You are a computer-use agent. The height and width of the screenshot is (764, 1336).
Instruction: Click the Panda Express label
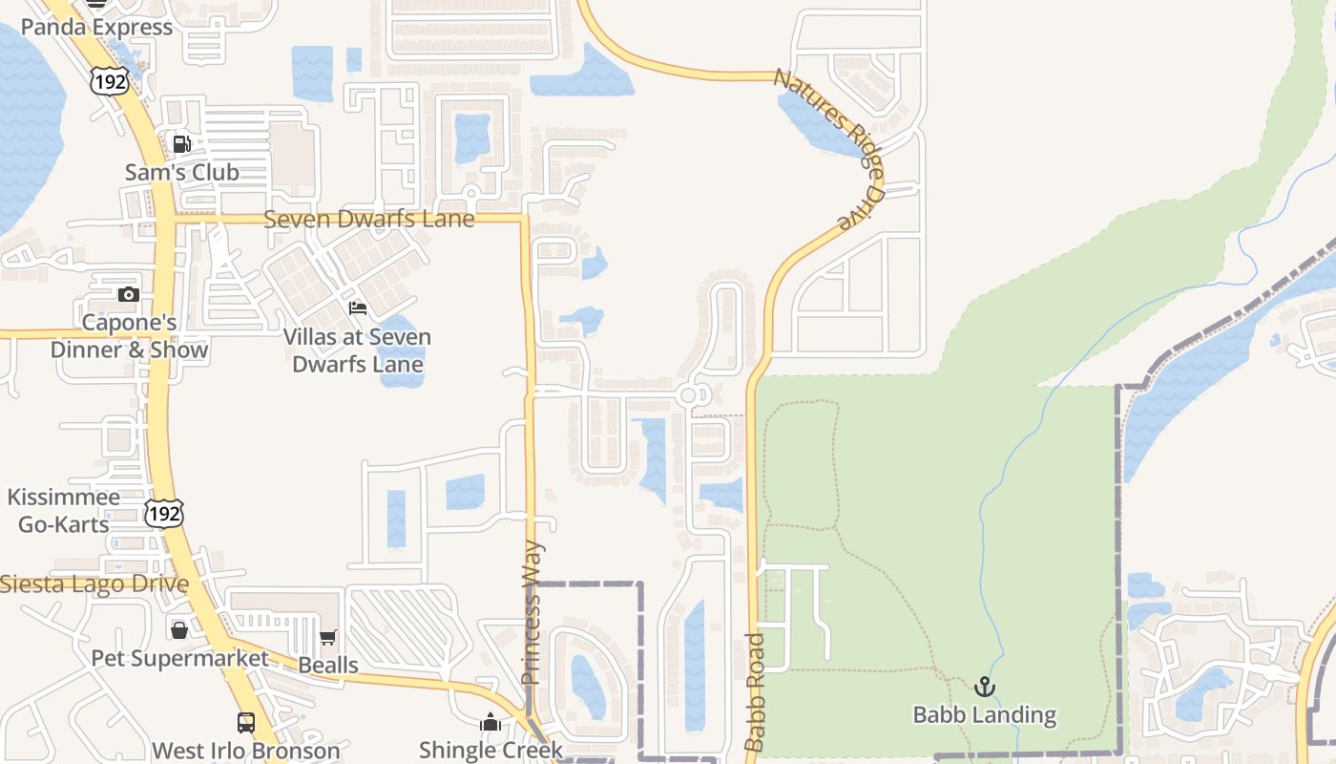(x=96, y=27)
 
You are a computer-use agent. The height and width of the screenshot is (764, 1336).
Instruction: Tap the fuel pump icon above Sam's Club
(x=181, y=145)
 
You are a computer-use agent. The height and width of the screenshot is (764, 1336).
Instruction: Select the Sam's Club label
(x=182, y=173)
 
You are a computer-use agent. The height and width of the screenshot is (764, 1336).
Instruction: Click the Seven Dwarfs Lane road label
(x=368, y=219)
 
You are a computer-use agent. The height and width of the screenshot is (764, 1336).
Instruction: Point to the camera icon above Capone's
(x=129, y=294)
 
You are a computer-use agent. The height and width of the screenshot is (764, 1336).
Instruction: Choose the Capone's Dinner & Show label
(x=129, y=336)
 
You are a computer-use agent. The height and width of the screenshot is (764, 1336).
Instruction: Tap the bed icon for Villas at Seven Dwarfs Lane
(x=358, y=308)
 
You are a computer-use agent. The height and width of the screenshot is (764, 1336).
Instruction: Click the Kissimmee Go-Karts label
(x=64, y=510)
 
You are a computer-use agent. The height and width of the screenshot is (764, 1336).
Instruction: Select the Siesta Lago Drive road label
(x=94, y=584)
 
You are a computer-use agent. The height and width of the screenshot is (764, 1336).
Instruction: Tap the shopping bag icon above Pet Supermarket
(x=178, y=630)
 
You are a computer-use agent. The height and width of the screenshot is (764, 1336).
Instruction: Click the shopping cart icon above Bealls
(x=328, y=637)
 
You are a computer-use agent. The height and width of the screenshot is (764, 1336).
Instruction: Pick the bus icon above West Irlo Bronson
(x=246, y=722)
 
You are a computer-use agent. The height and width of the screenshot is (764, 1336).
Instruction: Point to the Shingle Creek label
(x=491, y=750)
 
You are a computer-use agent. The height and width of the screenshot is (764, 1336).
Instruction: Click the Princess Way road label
(x=532, y=612)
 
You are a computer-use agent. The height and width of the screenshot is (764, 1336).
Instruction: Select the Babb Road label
(x=755, y=691)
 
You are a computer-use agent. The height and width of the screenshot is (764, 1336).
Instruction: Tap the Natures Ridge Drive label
(x=828, y=148)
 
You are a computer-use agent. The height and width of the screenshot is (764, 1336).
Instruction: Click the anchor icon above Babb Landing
(x=984, y=687)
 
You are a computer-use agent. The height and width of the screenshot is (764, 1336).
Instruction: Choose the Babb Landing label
(x=984, y=714)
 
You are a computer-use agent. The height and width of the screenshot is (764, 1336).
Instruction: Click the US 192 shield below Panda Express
(x=110, y=80)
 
